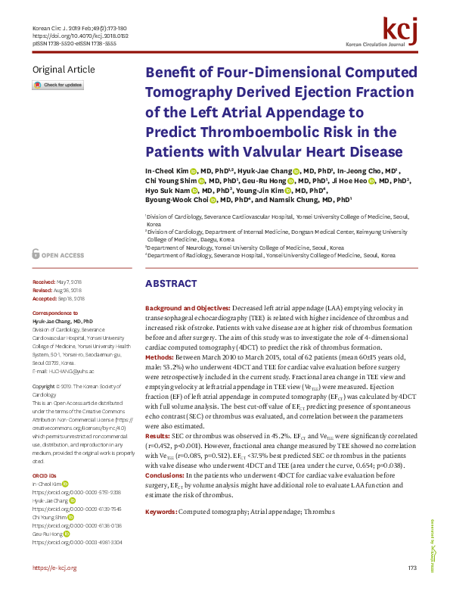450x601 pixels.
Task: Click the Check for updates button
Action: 57,86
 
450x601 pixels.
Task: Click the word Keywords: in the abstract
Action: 160,491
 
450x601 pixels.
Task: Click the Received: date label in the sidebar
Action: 44,282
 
